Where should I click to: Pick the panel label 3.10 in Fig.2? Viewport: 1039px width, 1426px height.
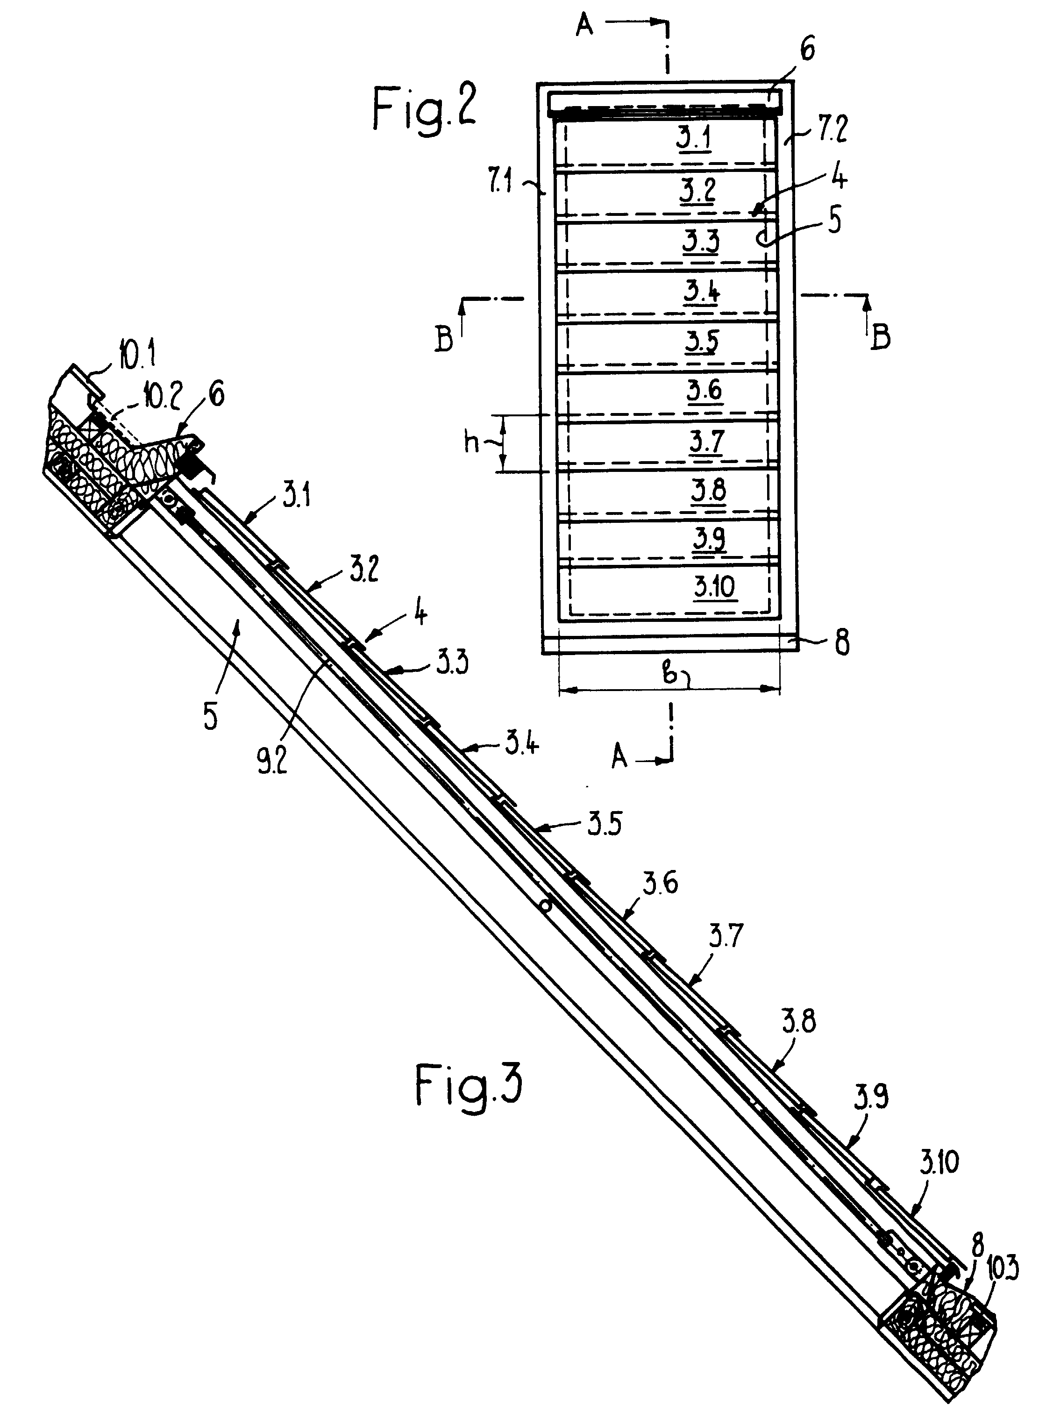[714, 587]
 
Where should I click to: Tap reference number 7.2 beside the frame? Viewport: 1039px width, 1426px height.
[832, 128]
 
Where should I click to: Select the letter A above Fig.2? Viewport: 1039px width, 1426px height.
[585, 27]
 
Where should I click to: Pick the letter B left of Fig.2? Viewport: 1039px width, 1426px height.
[444, 339]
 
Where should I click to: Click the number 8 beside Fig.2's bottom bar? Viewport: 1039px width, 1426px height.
[841, 643]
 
